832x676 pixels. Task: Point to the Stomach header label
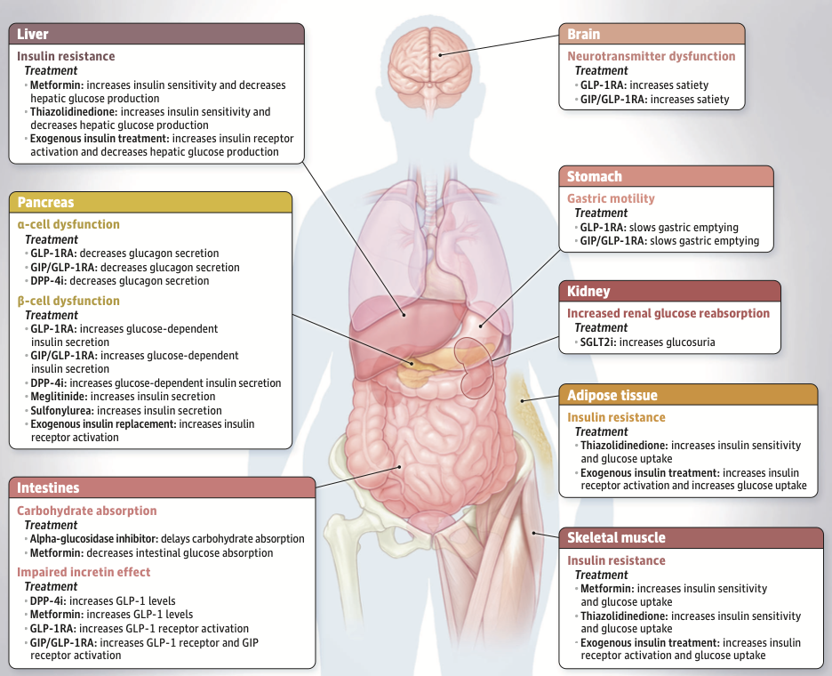595,176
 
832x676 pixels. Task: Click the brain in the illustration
429,68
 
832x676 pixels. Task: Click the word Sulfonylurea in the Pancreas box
62,410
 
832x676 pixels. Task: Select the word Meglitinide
59,397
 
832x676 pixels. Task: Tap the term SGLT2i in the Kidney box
598,342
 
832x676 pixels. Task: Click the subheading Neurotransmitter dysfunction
651,56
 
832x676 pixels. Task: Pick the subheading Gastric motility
611,198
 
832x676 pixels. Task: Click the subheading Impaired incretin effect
84,572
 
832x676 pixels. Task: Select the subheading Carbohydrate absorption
86,511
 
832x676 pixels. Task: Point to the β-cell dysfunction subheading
68,302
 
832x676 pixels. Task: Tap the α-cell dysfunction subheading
68,225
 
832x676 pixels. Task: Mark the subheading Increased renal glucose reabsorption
668,313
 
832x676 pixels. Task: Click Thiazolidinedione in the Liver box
74,112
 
